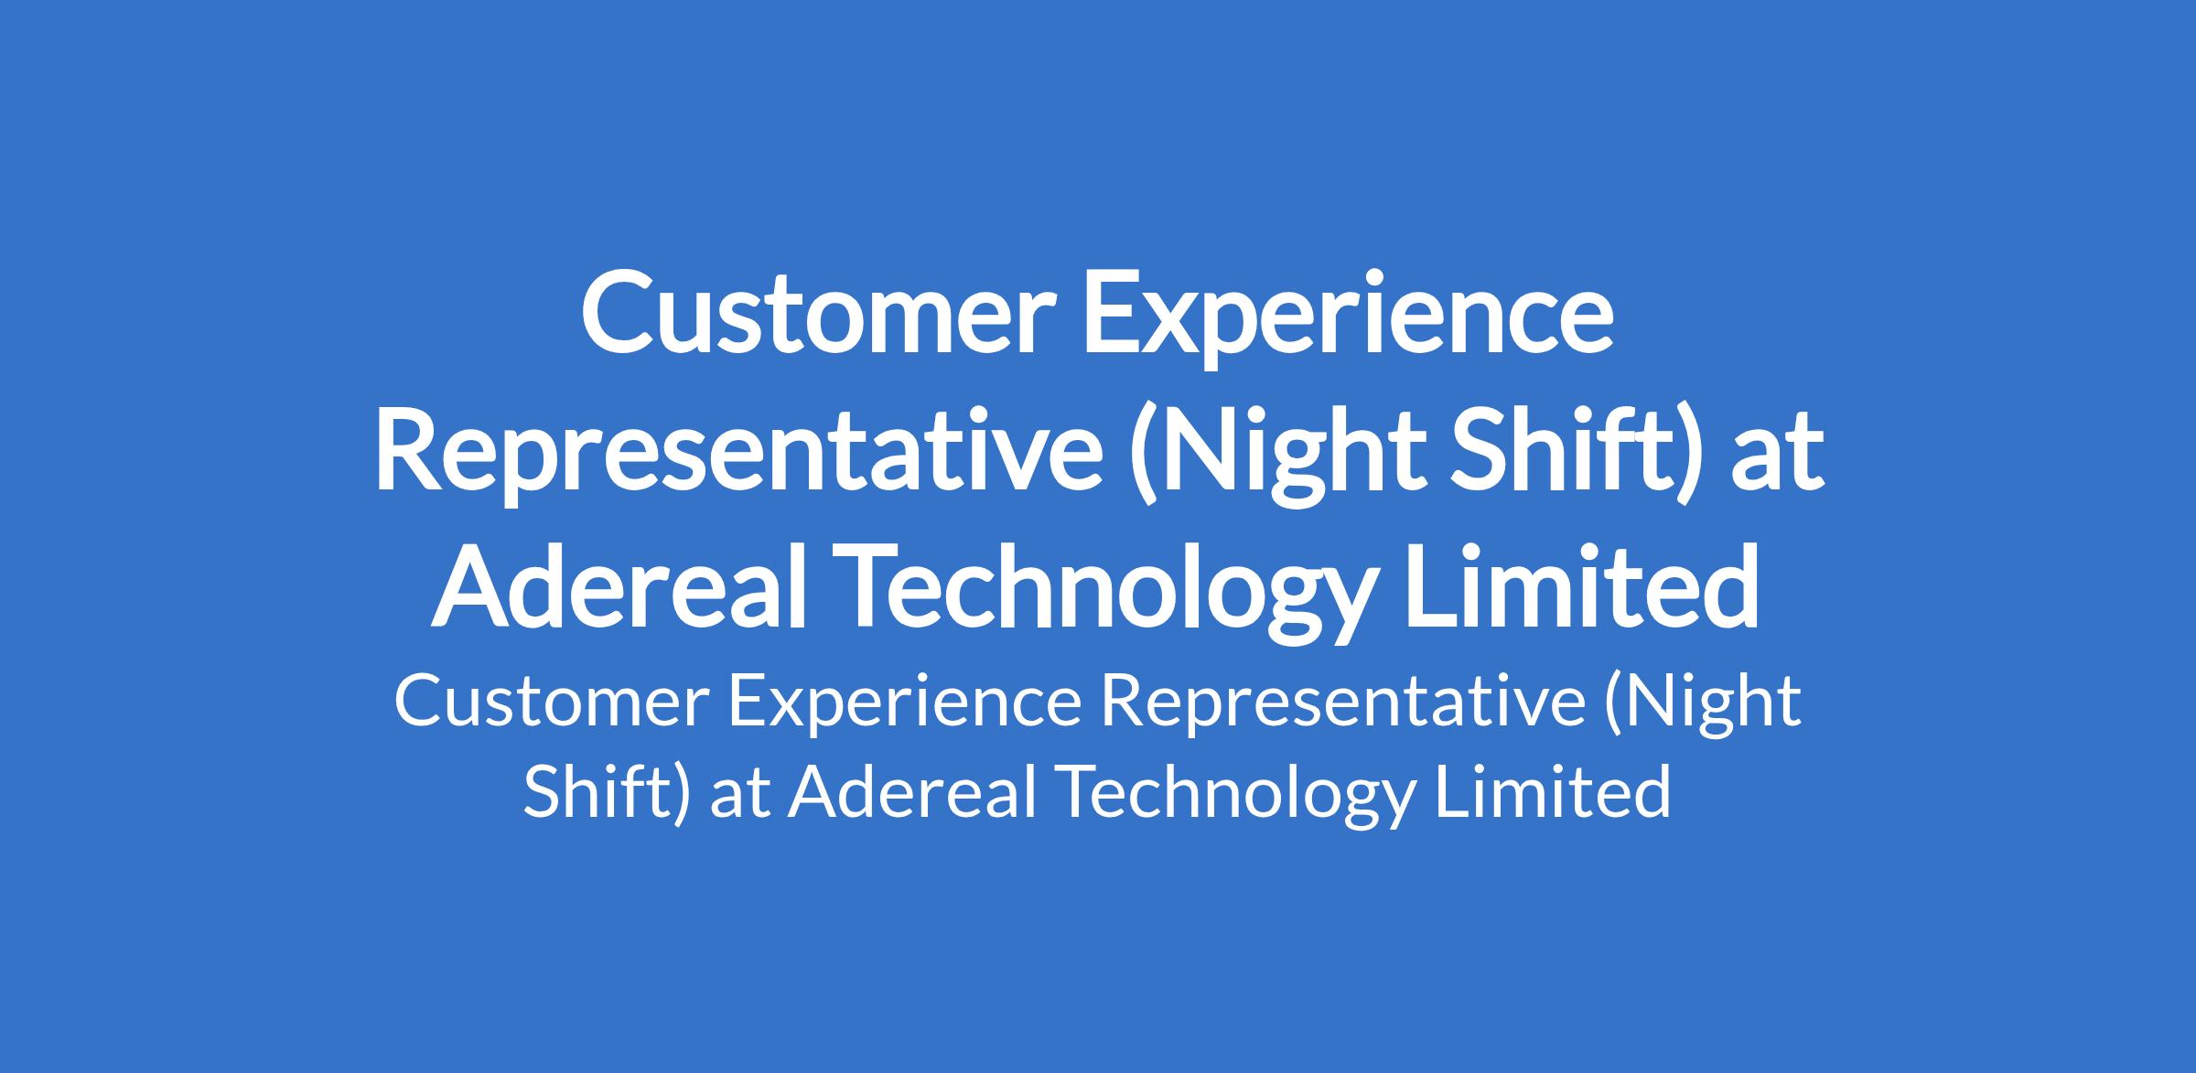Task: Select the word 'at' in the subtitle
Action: click(x=739, y=797)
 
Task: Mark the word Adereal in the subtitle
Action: click(x=910, y=792)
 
